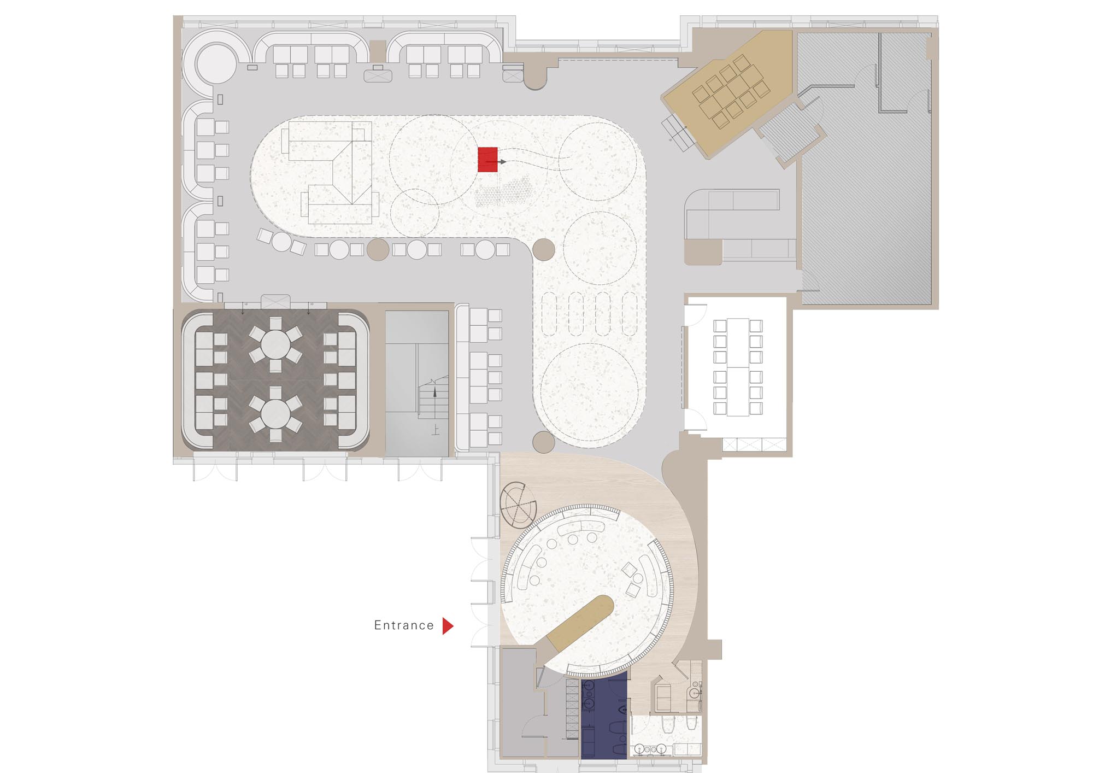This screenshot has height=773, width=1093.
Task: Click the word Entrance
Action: point(404,625)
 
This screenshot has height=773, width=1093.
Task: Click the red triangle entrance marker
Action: point(448,626)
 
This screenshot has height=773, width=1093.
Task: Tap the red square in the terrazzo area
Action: point(487,160)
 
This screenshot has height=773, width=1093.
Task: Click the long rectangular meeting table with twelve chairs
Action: point(738,367)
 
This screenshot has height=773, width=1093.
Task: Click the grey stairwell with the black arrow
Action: point(418,383)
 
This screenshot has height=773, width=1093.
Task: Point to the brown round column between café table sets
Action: point(378,249)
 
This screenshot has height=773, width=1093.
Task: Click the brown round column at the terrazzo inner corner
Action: point(543,249)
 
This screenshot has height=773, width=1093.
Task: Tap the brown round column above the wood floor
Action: point(543,442)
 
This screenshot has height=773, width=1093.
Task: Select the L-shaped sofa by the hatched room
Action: point(738,224)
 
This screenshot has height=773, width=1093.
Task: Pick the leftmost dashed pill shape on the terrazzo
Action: point(549,314)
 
